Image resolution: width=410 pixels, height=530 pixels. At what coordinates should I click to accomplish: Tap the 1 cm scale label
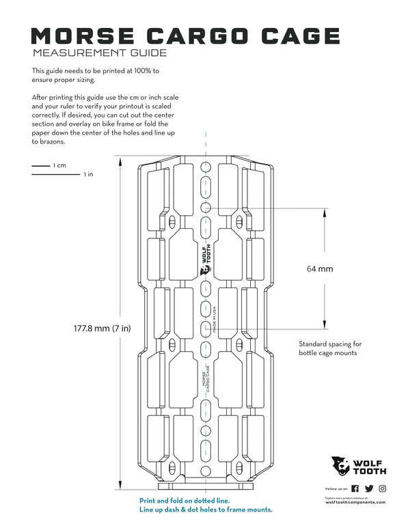click(59, 166)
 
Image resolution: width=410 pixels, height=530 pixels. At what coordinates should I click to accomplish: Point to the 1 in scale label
click(88, 175)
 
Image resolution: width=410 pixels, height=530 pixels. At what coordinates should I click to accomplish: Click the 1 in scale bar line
click(55, 175)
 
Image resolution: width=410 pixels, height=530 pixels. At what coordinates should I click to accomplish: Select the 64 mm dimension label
click(320, 269)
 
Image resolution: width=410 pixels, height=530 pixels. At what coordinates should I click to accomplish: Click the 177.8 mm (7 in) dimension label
click(102, 329)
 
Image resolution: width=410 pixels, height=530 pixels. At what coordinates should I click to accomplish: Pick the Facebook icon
click(355, 488)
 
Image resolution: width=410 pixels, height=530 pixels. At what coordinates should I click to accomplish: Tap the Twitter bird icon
click(369, 488)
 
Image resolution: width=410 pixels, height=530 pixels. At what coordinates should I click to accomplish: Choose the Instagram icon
click(383, 488)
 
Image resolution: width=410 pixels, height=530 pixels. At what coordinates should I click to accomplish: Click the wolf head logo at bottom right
click(340, 466)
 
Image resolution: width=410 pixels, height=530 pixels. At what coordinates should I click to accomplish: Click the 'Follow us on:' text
click(336, 489)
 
